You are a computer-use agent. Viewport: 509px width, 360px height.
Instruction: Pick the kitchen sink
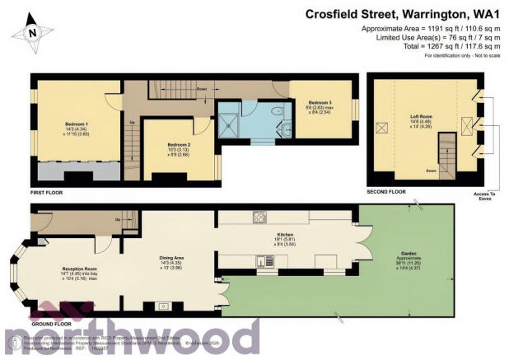(x=262, y=263)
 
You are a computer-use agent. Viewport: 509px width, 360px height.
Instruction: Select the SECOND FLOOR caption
(x=386, y=191)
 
